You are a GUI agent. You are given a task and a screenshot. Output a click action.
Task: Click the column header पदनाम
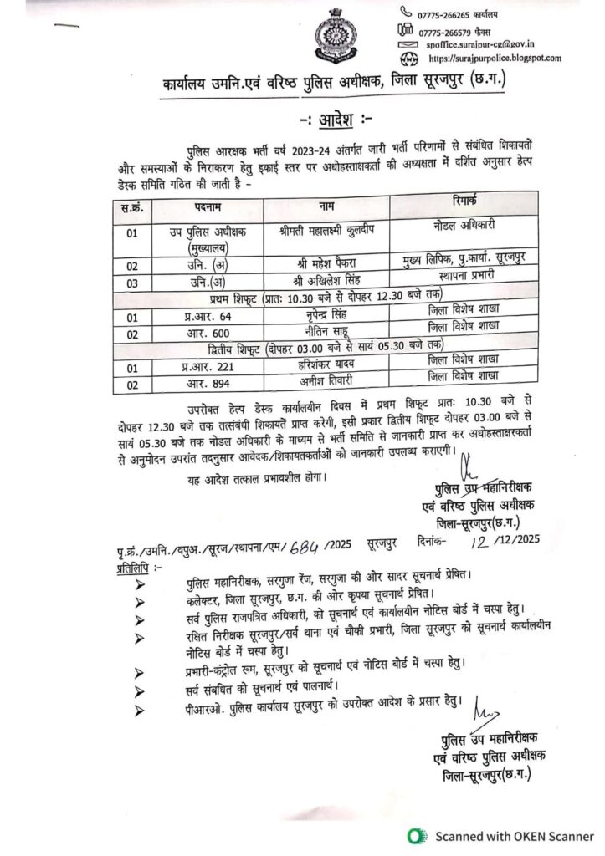pyautogui.click(x=194, y=206)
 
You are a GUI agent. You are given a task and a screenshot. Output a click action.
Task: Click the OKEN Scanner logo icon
pyautogui.click(x=413, y=835)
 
